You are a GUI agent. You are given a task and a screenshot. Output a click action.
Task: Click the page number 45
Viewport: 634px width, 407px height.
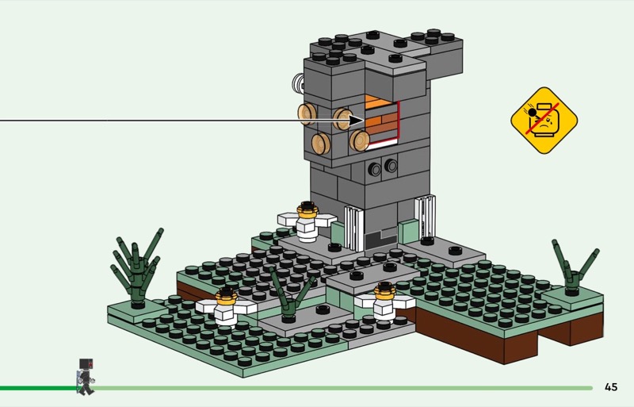tap(610, 387)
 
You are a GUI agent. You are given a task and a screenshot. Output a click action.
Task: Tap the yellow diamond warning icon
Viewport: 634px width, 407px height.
tap(544, 121)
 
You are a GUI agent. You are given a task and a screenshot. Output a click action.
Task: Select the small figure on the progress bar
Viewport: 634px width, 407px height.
tap(85, 377)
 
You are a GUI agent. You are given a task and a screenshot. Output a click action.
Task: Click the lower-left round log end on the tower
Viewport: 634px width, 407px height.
tap(321, 144)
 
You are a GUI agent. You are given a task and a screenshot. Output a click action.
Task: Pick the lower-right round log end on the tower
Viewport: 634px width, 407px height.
tap(361, 141)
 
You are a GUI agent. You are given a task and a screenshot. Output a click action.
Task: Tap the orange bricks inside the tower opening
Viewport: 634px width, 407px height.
tap(382, 119)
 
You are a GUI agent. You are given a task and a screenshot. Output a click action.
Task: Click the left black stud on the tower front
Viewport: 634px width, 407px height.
tap(374, 168)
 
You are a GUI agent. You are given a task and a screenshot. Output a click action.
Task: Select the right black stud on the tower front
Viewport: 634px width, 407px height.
tap(391, 166)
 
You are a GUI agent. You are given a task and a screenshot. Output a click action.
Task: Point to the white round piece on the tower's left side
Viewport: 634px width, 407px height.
tap(298, 83)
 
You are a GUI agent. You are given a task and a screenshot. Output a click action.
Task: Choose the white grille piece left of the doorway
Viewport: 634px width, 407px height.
tap(353, 226)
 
